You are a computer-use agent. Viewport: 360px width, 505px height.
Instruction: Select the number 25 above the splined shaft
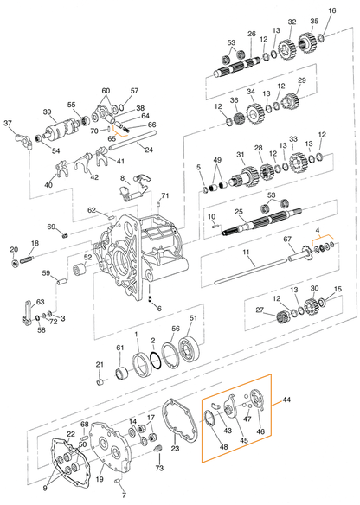[238, 212]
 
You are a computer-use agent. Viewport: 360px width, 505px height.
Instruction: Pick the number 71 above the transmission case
[164, 196]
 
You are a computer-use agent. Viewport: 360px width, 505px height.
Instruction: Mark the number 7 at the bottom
[123, 496]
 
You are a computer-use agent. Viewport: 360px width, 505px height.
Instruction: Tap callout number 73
[158, 468]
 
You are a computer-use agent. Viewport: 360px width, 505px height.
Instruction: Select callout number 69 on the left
[51, 227]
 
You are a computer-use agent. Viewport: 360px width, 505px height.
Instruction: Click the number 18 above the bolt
[35, 244]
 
